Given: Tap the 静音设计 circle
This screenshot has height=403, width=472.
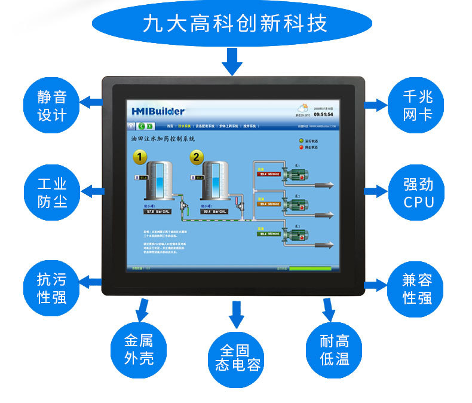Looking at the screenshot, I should coord(52,105).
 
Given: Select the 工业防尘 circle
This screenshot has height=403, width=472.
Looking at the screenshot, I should coord(52,193).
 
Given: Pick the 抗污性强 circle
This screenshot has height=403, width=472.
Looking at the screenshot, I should coord(52,288).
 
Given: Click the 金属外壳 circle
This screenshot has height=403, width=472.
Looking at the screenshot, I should coord(139,349).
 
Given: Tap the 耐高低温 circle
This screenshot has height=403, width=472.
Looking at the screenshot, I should coord(334,350).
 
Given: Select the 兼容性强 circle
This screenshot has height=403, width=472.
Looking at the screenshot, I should coord(417,288).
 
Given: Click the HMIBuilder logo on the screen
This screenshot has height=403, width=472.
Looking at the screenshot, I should coord(158,111).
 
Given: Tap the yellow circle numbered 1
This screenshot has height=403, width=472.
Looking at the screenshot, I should coord(139,157).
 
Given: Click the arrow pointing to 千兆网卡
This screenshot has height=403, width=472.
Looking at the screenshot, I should coord(376,105).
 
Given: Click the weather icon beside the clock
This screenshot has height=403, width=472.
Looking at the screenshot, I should coord(304,109).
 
